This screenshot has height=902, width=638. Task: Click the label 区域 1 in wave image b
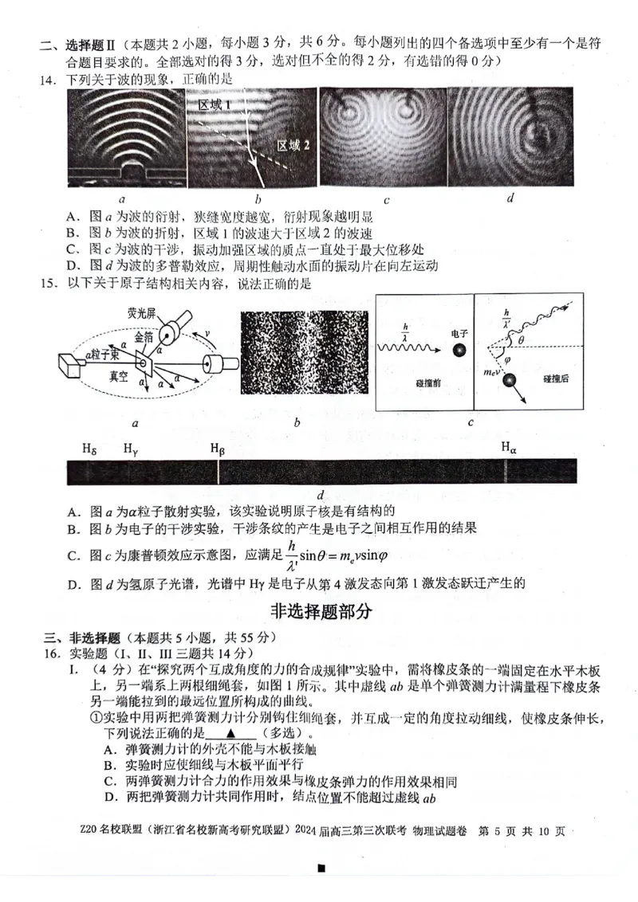[215, 104]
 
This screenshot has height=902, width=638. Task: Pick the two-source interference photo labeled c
[380, 136]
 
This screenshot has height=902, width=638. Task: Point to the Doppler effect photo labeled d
[510, 136]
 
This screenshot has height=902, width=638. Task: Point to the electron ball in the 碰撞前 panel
[459, 351]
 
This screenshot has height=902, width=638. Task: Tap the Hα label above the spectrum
[509, 448]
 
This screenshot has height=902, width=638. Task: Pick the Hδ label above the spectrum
[89, 448]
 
